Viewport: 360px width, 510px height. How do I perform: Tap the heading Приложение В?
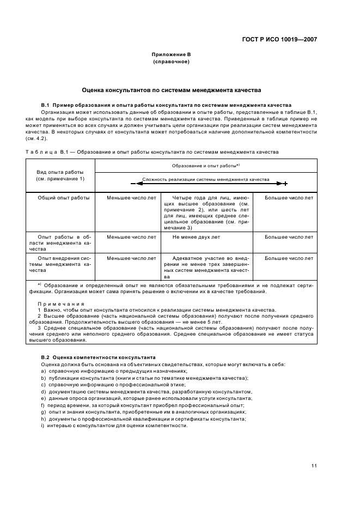point(171,54)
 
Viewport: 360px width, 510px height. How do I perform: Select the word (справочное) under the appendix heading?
point(171,62)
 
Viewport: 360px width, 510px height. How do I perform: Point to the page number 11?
point(314,466)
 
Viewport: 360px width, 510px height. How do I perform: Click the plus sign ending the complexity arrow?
point(285,184)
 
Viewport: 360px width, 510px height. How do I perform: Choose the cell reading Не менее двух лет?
point(196,237)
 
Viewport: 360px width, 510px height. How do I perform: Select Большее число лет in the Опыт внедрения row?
point(289,258)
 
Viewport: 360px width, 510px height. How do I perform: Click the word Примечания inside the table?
point(61,303)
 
